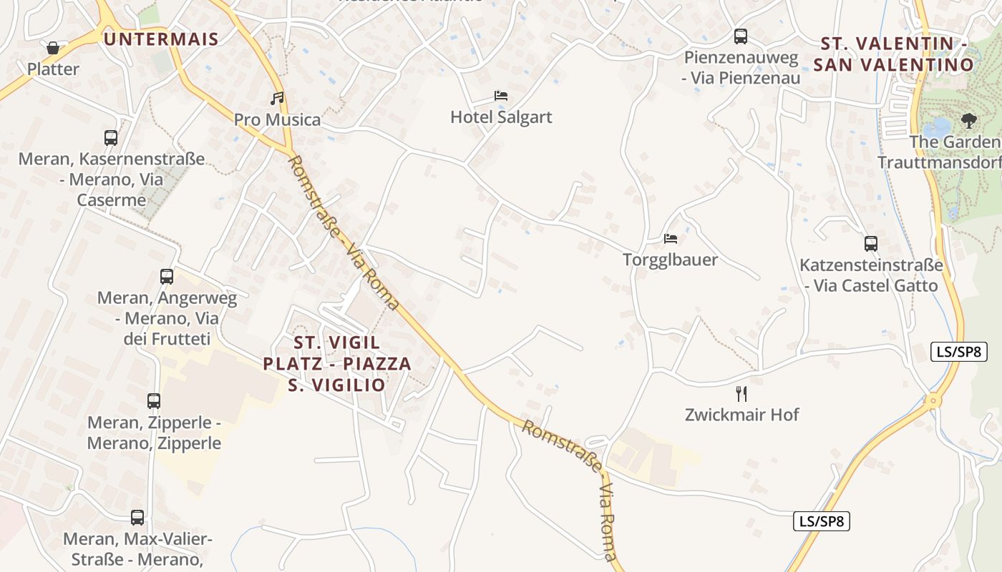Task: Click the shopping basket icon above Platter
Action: pyautogui.click(x=52, y=48)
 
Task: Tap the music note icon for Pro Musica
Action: pyautogui.click(x=277, y=98)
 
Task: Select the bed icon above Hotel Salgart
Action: pyautogui.click(x=501, y=95)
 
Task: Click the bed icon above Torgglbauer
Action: pyautogui.click(x=670, y=238)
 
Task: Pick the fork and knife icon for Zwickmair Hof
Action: pyautogui.click(x=741, y=393)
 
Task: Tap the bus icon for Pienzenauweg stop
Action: pyautogui.click(x=741, y=36)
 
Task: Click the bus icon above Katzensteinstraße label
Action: pyautogui.click(x=870, y=244)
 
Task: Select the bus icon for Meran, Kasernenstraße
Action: pyautogui.click(x=111, y=137)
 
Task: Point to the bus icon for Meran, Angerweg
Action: pyautogui.click(x=167, y=276)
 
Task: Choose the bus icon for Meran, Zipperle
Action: pyautogui.click(x=154, y=400)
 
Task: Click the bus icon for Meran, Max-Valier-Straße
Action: pyautogui.click(x=137, y=517)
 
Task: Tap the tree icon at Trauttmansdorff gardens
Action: pyautogui.click(x=969, y=120)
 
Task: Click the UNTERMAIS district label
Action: pyautogui.click(x=160, y=39)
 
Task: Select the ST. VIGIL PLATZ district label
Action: pyautogui.click(x=337, y=363)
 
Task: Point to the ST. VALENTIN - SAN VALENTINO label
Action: pyautogui.click(x=898, y=54)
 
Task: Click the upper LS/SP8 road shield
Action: pyautogui.click(x=958, y=352)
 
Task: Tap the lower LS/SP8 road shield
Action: pyautogui.click(x=822, y=521)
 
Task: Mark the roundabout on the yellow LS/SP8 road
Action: pyautogui.click(x=932, y=401)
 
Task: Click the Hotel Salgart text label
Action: pyautogui.click(x=501, y=117)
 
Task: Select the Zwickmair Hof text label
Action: pyautogui.click(x=741, y=415)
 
